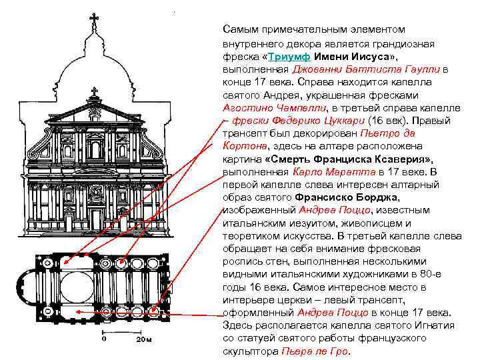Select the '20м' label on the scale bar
(x=145, y=341)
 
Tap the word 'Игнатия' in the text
(x=435, y=325)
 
